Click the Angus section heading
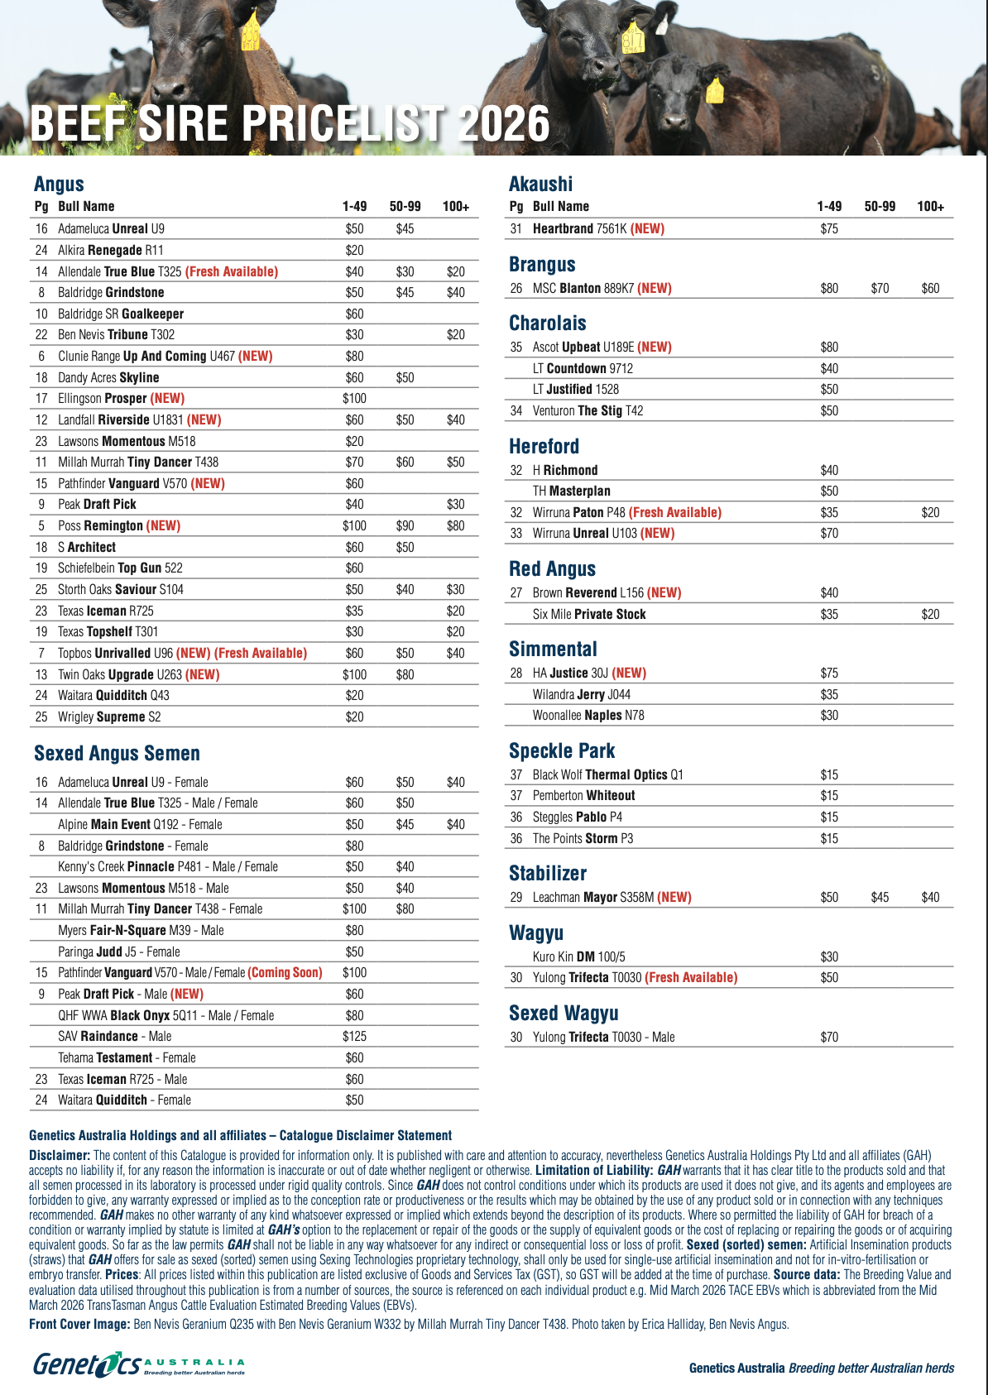pos(59,184)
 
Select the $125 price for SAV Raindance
pos(354,1036)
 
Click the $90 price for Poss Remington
pos(405,525)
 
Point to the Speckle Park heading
pos(562,750)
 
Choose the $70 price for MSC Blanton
pos(880,288)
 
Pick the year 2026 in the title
pos(502,124)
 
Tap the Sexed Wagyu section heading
pos(564,1013)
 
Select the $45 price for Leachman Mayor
pos(880,897)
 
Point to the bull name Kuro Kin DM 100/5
pos(578,956)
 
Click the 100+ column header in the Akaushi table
pos(930,206)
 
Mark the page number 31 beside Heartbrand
pos(516,228)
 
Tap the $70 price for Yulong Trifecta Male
pos(829,1037)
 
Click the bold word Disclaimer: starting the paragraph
pos(60,1155)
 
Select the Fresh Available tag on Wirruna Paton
pos(674,512)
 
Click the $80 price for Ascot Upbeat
pos(829,347)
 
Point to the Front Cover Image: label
pos(79,1324)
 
